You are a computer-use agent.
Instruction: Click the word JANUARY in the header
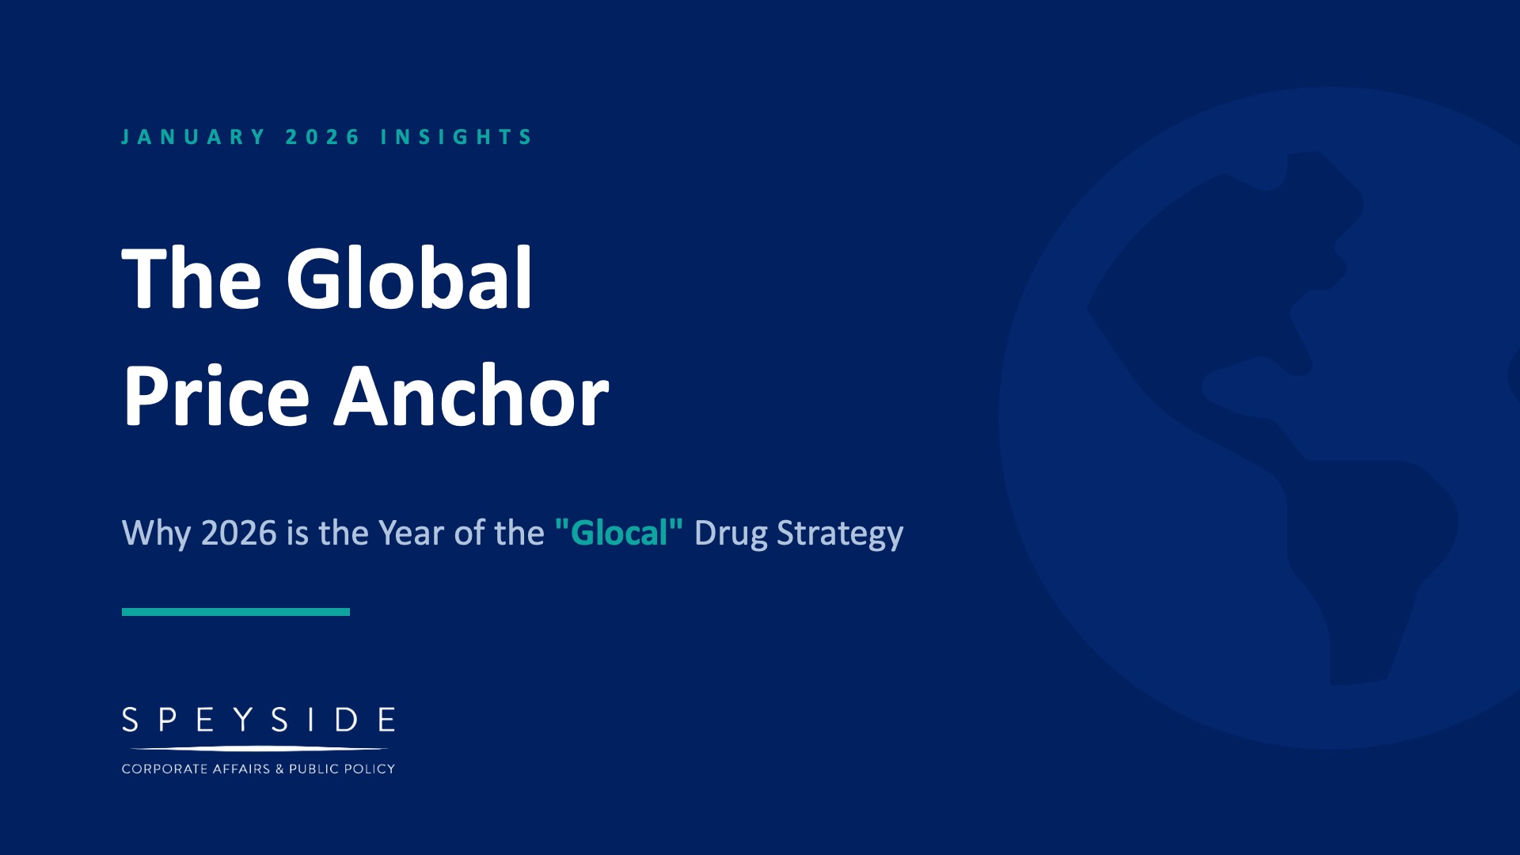point(194,137)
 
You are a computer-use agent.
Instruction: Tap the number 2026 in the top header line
point(322,137)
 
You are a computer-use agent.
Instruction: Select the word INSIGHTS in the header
point(457,137)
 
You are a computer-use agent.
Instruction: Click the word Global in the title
point(409,279)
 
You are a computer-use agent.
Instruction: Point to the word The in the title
point(192,279)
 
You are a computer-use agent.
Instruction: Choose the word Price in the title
point(216,396)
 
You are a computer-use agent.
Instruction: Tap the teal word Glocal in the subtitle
point(619,533)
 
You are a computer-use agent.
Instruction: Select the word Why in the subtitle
point(156,533)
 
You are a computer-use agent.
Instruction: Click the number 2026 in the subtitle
point(238,533)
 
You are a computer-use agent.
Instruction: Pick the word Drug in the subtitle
point(730,533)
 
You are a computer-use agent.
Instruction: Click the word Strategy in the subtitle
point(839,533)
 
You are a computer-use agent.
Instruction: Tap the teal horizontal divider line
point(236,612)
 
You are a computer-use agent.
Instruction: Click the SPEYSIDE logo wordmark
point(258,720)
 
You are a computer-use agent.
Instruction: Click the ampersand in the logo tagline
point(279,769)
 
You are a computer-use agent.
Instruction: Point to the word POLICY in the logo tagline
point(369,769)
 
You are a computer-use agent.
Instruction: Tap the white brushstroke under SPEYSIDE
point(258,748)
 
